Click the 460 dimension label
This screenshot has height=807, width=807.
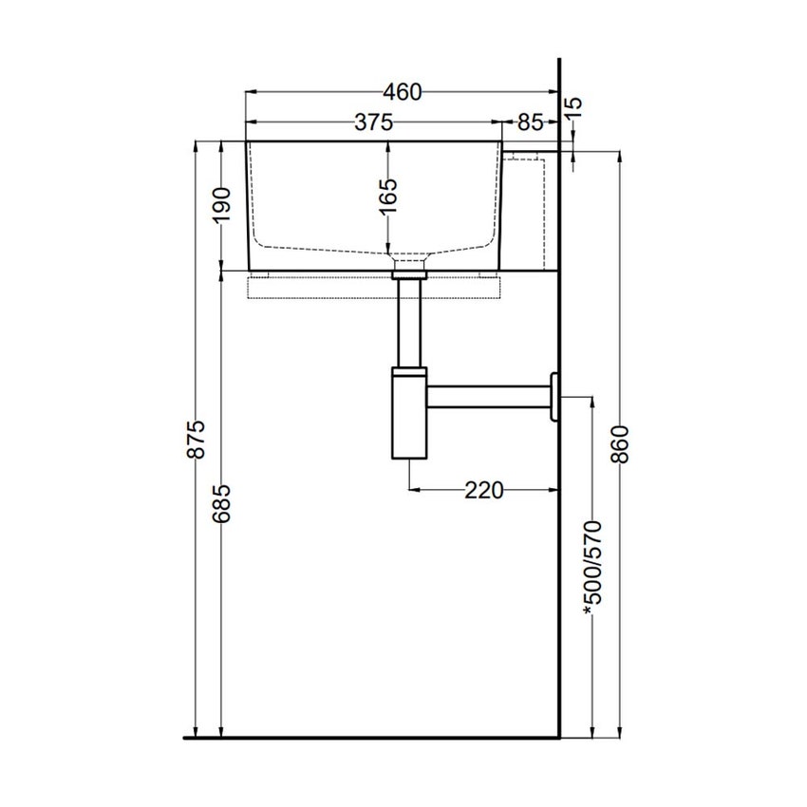point(402,92)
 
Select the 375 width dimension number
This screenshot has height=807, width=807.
point(374,122)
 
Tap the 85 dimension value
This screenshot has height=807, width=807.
point(531,122)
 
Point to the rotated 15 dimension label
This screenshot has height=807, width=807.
point(573,106)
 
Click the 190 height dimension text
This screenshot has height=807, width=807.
point(222,204)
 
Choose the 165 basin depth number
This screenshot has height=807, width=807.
point(388,197)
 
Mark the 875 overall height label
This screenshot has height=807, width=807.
point(197,439)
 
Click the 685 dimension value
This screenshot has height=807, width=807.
point(222,503)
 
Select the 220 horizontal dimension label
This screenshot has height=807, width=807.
point(484,490)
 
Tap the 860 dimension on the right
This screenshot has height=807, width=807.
point(620,444)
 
